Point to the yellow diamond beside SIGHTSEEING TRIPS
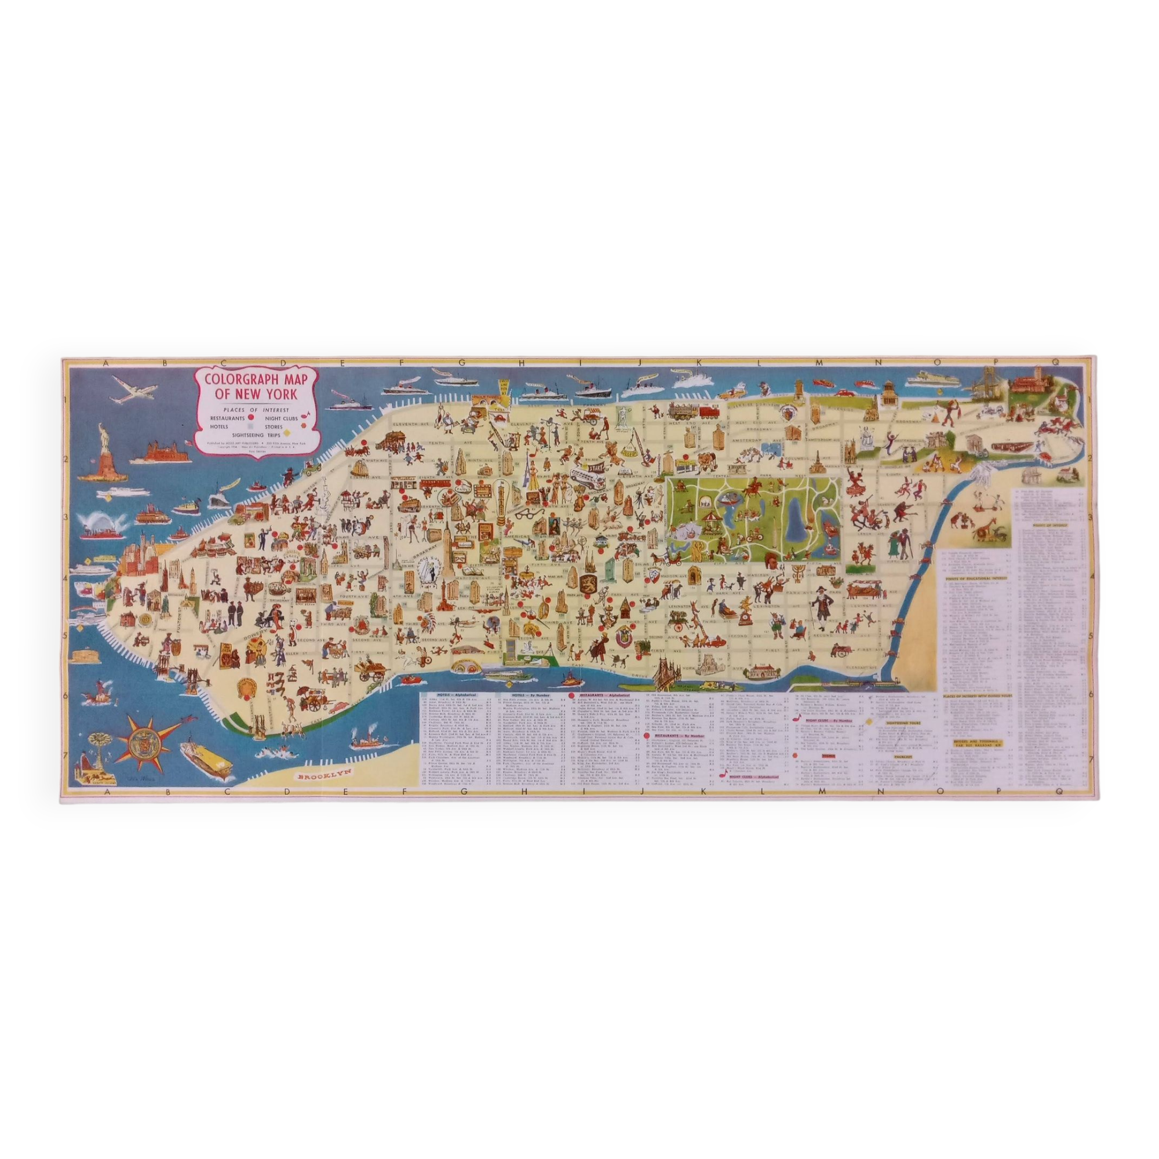coord(287,432)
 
